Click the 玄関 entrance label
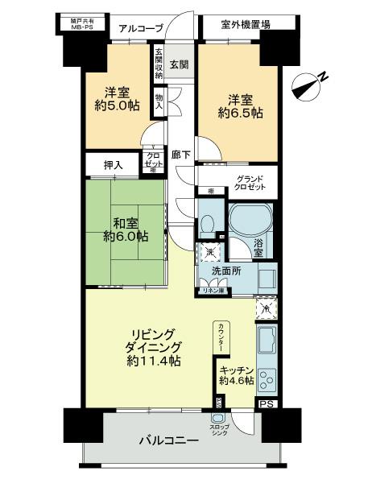click(x=179, y=64)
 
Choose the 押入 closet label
click(x=113, y=165)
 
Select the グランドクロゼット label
click(x=250, y=184)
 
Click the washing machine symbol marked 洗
click(x=209, y=252)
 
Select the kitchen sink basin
click(x=267, y=341)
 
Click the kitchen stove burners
click(x=267, y=379)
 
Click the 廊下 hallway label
click(x=180, y=155)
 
